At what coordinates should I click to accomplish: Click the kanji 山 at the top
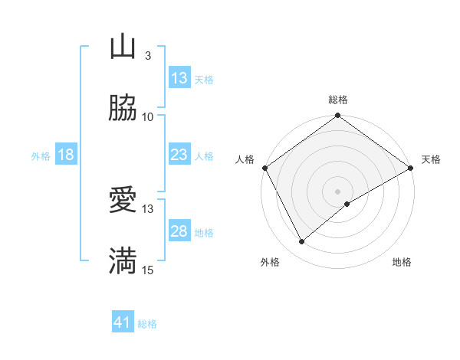pos(123,47)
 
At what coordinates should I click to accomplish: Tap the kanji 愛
pos(123,201)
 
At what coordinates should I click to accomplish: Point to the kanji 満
pos(123,260)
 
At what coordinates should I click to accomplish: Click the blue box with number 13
pos(179,78)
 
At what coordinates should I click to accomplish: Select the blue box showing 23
pos(179,155)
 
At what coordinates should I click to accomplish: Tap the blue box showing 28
pos(179,231)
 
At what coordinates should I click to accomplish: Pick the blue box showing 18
pos(66,155)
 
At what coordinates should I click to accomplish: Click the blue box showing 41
pos(123,322)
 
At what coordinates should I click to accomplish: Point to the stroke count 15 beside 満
pos(148,269)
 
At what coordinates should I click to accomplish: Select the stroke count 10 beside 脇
pos(148,116)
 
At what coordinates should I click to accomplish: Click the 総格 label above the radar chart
pos(338,100)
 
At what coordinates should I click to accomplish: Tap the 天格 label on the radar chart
pos(432,159)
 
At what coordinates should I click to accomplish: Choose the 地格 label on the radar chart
pos(402,263)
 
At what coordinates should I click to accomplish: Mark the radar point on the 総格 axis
pos(338,116)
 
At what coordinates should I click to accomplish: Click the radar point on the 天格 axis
pos(411,168)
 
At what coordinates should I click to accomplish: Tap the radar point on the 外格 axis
pos(302,241)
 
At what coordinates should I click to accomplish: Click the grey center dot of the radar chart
pos(338,191)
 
